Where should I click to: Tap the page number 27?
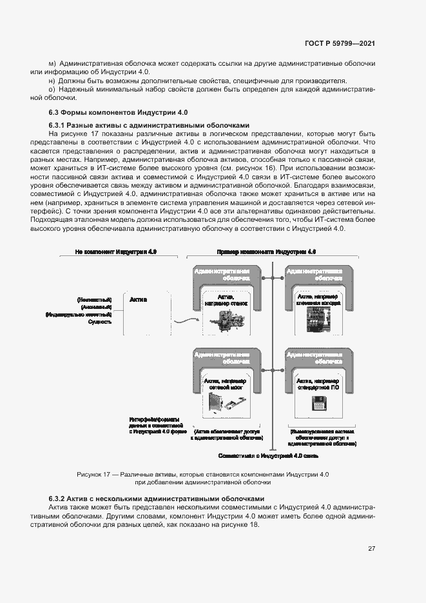pyautogui.click(x=371, y=549)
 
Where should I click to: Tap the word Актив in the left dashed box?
pyautogui.click(x=139, y=300)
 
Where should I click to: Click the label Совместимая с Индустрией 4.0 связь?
pyautogui.click(x=268, y=455)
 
